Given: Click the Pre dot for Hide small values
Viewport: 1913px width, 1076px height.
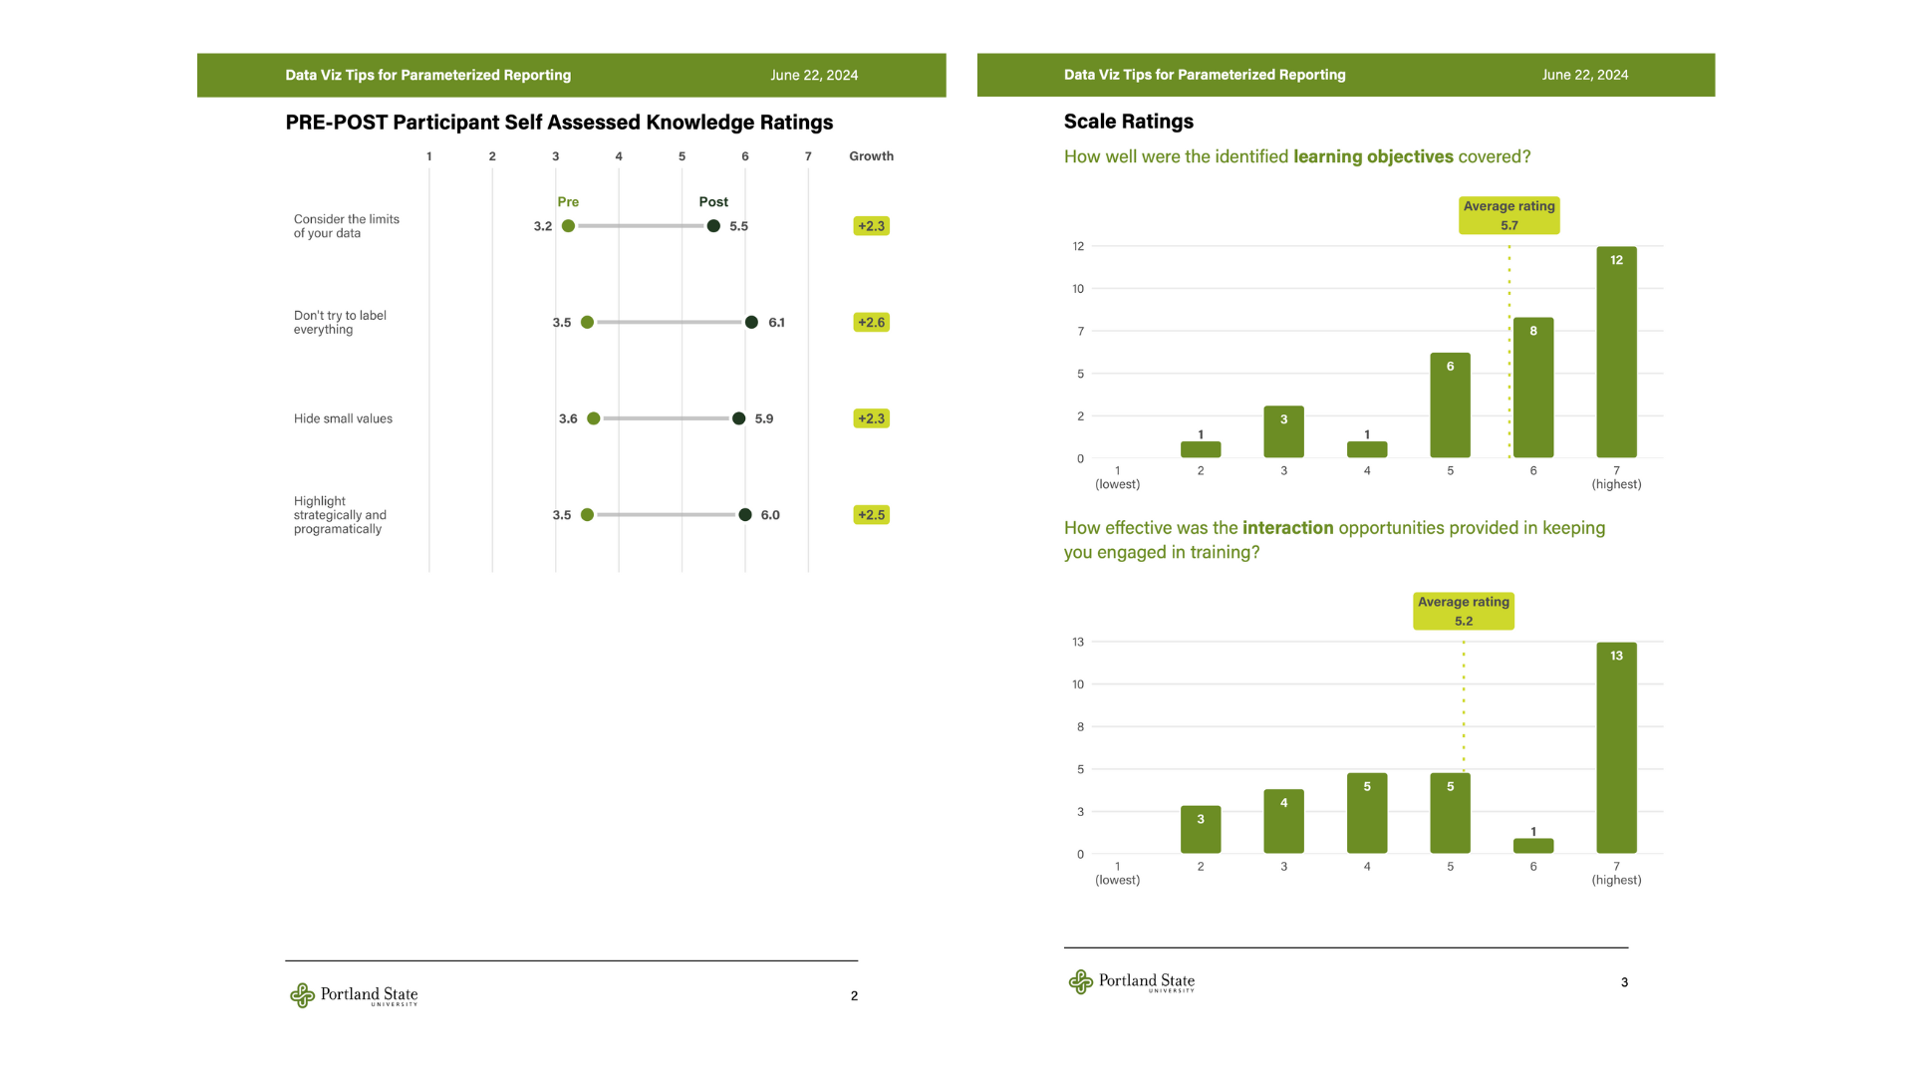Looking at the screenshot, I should (594, 418).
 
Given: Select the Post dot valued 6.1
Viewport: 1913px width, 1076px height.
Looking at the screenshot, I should (751, 322).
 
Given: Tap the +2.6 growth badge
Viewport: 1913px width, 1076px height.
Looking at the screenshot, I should (871, 322).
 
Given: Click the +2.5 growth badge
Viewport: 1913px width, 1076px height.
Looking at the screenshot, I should (871, 515).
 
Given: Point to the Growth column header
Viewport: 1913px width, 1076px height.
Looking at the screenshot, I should (871, 156).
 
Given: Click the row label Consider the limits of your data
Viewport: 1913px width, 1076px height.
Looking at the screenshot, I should (346, 226).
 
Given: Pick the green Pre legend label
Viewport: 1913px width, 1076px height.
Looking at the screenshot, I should (568, 201).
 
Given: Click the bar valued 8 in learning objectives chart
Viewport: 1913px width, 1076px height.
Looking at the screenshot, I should (1533, 388).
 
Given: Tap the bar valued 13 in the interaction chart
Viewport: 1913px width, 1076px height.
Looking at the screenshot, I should (1616, 747).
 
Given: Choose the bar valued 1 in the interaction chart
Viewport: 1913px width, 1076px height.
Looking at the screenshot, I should (1533, 846).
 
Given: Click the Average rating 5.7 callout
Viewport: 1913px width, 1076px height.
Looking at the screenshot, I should (1508, 215).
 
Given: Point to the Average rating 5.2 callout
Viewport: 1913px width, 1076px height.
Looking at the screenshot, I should (1463, 611).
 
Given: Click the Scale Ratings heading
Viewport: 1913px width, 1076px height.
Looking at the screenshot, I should (1128, 122).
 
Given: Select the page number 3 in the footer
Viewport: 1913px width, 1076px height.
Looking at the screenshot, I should (1624, 982).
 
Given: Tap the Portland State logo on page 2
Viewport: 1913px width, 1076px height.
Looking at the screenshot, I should (354, 995).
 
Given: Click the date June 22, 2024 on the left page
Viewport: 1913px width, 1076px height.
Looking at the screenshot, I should (814, 75).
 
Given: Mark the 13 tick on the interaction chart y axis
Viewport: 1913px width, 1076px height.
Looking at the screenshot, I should (1078, 642).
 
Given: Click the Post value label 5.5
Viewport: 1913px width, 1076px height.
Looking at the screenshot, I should (738, 226).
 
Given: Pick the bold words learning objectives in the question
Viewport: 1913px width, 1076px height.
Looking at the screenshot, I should (1373, 156).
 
